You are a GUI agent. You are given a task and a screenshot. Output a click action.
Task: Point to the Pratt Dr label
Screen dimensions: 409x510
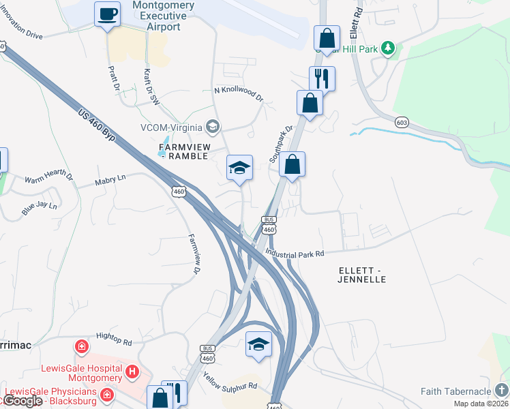[113, 79]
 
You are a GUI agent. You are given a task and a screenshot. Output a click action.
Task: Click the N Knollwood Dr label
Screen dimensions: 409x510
[238, 93]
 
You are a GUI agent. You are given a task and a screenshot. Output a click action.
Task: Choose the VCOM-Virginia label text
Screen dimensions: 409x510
[171, 127]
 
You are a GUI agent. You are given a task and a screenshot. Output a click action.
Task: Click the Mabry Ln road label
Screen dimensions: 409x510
[111, 179]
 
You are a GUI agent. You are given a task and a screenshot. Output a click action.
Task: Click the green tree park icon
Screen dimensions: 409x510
[388, 47]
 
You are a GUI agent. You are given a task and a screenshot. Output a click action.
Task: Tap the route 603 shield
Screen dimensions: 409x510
[402, 121]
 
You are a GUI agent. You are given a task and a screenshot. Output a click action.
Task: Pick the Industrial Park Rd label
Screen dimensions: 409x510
[295, 253]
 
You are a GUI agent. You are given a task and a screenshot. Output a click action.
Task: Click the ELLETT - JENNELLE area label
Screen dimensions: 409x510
[362, 275]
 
